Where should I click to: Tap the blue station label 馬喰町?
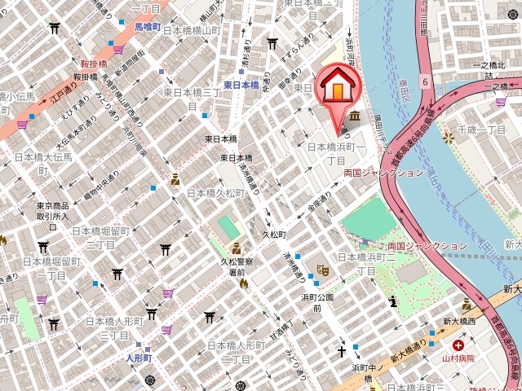click(x=150, y=26)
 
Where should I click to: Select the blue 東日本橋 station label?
click(x=241, y=85)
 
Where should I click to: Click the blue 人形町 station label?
click(x=139, y=358)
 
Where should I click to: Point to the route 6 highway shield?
click(x=425, y=81)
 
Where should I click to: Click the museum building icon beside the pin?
click(x=353, y=118)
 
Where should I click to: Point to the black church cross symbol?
click(x=343, y=352)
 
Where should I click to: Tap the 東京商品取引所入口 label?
click(x=51, y=212)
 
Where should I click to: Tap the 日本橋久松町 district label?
click(x=215, y=193)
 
